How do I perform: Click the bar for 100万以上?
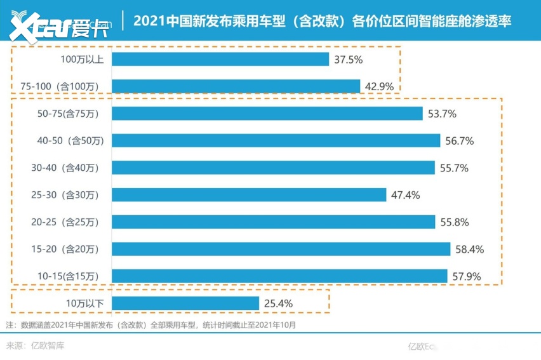(220, 59)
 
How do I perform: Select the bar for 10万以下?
(185, 303)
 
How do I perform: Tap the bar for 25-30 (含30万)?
(249, 195)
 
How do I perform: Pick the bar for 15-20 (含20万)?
(281, 249)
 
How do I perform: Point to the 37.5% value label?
(349, 59)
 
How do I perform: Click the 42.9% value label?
(380, 86)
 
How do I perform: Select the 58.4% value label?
(470, 249)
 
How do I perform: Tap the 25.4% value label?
(278, 303)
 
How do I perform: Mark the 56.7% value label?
(460, 140)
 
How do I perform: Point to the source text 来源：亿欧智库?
(36, 346)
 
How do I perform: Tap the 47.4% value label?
(406, 195)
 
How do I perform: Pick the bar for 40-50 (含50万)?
(276, 140)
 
